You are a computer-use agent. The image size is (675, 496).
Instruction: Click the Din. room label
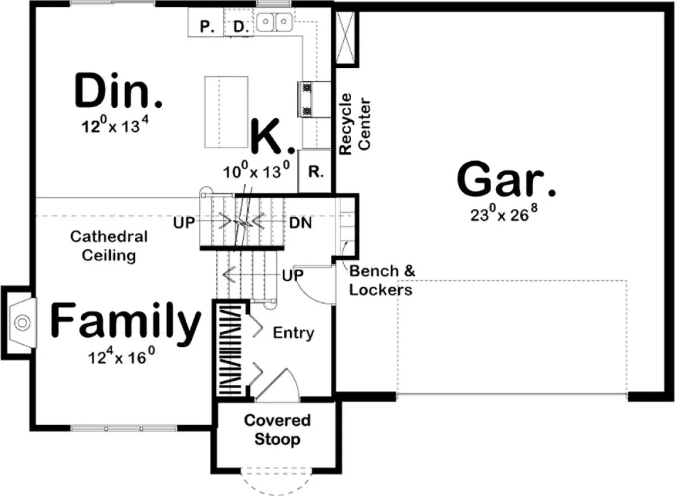(119, 90)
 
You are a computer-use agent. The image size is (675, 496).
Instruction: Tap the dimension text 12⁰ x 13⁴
(115, 125)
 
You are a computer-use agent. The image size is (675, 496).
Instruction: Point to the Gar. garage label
(506, 179)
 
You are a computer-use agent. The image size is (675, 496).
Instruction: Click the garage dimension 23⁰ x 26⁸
(504, 213)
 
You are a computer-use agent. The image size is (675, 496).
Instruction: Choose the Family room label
(125, 321)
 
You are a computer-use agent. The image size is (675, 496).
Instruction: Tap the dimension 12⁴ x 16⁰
(121, 356)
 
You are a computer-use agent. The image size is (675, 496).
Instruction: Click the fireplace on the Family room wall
(19, 322)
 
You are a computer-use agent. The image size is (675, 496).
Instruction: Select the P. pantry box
(206, 22)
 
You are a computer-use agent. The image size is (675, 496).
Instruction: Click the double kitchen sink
(274, 22)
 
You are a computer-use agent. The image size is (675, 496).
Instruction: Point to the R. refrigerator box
(315, 171)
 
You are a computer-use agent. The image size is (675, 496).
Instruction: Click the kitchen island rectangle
(226, 112)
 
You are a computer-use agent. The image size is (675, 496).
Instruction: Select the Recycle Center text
(355, 124)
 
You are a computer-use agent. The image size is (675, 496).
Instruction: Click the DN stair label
(300, 224)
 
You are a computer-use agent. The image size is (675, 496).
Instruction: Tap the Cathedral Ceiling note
(109, 246)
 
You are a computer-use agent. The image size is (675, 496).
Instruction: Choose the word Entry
(294, 333)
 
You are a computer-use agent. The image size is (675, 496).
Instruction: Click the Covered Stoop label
(277, 430)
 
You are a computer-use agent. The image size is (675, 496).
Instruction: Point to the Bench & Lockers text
(382, 280)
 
